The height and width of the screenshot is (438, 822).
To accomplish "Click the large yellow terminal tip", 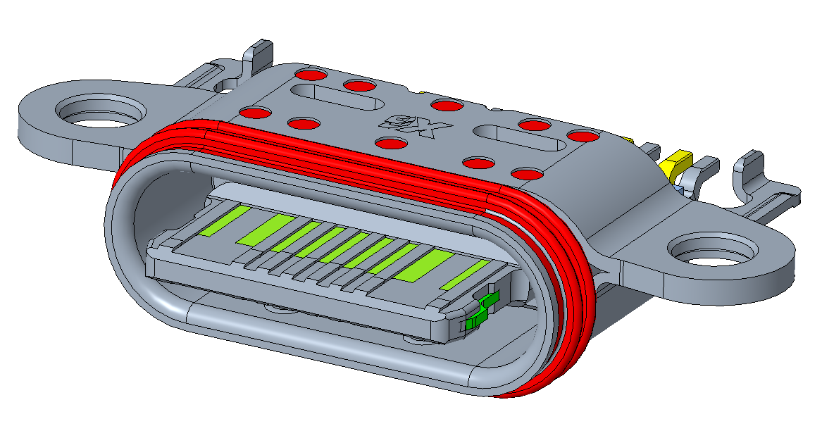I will point(675,162).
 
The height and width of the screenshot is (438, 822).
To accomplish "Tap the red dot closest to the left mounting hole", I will point(256,113).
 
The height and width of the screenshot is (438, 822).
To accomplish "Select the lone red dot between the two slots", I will point(445,106).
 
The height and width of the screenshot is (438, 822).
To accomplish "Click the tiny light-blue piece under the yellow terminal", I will point(678,189).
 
